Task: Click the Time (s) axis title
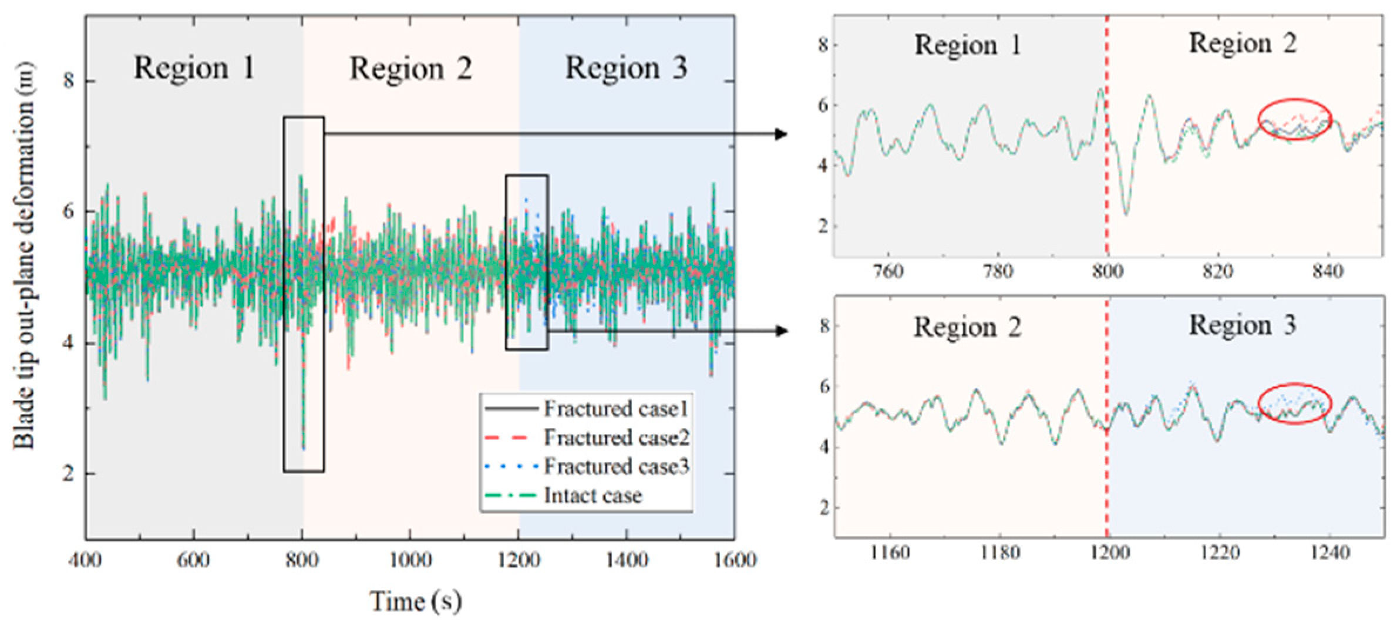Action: [415, 601]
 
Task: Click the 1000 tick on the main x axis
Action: [410, 560]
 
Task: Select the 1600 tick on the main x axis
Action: [735, 560]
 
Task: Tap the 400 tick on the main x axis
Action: [86, 560]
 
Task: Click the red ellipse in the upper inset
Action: [1294, 119]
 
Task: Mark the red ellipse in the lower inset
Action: [1294, 403]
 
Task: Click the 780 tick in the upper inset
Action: [998, 271]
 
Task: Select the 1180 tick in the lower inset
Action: [999, 553]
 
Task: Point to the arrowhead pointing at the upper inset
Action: [781, 134]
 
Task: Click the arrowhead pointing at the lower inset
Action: [781, 331]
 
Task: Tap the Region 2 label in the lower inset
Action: [967, 328]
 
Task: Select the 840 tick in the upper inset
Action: [1328, 271]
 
